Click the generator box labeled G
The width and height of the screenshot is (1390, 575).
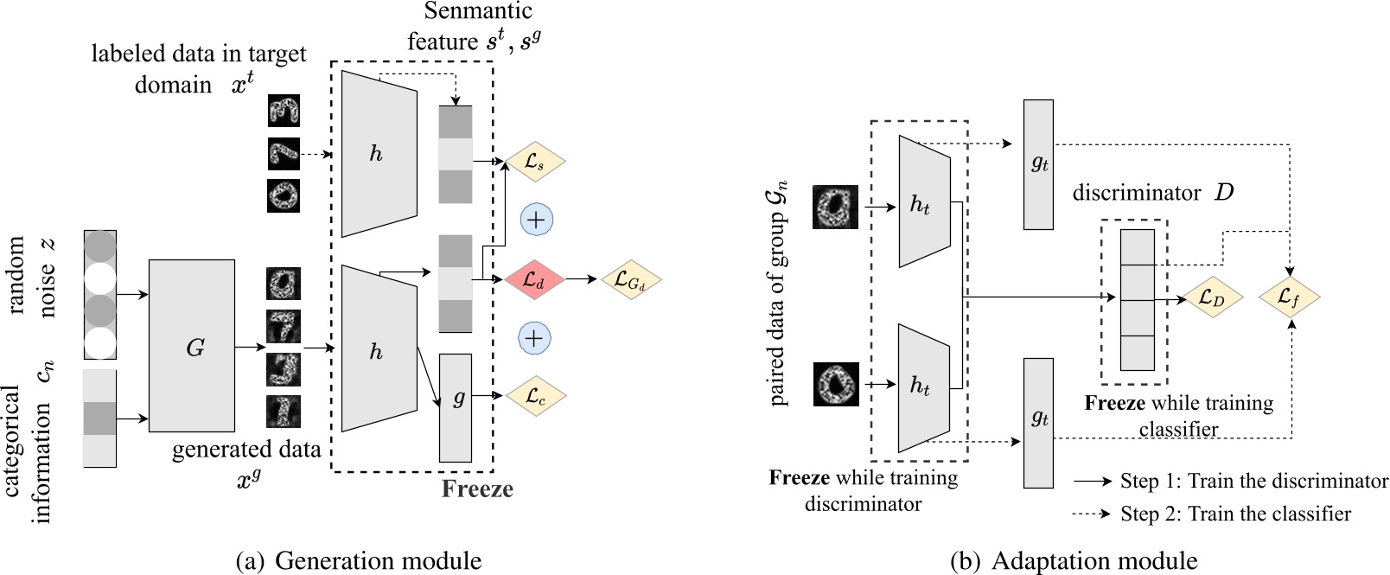pos(192,346)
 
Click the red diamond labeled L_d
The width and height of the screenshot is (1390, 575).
pos(533,279)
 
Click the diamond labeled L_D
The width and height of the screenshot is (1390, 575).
pos(1211,298)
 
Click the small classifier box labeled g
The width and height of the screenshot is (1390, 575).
pos(456,407)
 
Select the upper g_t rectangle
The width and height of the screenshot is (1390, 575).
pos(1038,164)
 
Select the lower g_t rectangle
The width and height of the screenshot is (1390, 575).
pos(1038,422)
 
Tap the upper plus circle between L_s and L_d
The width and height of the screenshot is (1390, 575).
pos(536,220)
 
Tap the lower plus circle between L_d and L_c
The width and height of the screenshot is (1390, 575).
pos(534,338)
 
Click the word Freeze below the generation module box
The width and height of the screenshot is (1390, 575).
pos(477,489)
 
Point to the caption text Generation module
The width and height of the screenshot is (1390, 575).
pos(378,560)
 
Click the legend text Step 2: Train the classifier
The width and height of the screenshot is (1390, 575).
pos(1235,514)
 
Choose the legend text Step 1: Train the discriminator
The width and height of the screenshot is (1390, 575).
pos(1253,481)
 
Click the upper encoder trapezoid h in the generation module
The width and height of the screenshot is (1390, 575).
pos(378,153)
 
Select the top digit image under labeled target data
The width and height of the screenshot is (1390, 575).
pos(284,112)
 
